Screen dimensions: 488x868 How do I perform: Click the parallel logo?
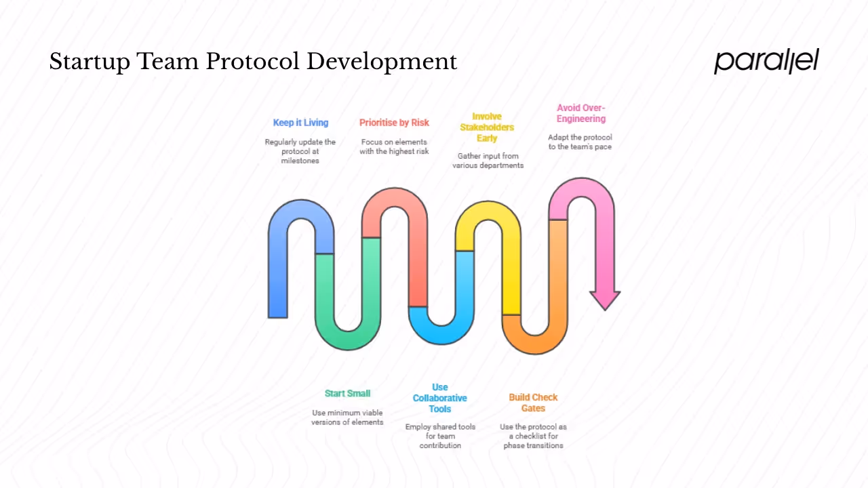coord(766,61)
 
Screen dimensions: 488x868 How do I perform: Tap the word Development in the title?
coord(382,62)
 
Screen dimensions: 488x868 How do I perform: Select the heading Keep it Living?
coord(300,123)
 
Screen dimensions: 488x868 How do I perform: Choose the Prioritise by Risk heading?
coord(394,123)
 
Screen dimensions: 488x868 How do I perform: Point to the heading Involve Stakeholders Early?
coord(487,127)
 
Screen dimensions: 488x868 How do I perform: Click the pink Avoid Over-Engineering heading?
coord(581,113)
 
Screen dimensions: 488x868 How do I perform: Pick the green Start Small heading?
coord(347,393)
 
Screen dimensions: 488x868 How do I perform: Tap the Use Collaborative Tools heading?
coord(440,399)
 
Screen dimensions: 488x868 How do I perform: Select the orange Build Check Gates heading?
coord(533,403)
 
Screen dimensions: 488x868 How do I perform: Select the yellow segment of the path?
coord(511,271)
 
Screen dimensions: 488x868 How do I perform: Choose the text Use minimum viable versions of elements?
coord(347,418)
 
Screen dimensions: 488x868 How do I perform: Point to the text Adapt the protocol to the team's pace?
coord(580,142)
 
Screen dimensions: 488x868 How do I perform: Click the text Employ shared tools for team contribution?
coord(440,436)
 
